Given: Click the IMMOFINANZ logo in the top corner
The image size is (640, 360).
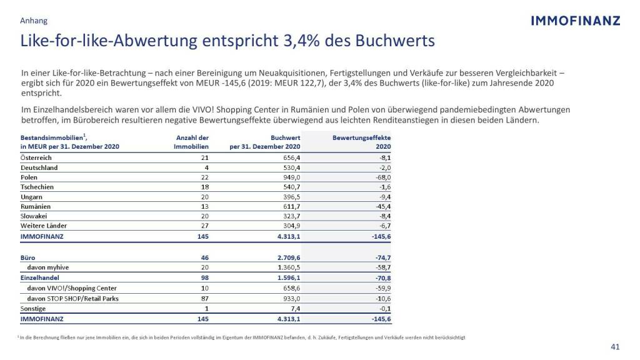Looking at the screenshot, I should [575, 21].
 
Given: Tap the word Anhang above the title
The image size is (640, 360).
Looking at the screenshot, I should [34, 21].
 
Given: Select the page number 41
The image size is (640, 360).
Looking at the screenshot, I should [614, 347].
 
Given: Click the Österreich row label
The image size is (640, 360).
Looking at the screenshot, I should [36, 158].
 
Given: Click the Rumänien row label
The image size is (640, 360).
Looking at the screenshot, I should [36, 206].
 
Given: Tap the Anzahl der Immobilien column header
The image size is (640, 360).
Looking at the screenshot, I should [191, 141].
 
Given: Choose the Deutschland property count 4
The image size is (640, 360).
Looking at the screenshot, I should [206, 167].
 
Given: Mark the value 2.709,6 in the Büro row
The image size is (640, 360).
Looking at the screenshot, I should [286, 257].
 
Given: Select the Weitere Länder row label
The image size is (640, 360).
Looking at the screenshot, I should [44, 226].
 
